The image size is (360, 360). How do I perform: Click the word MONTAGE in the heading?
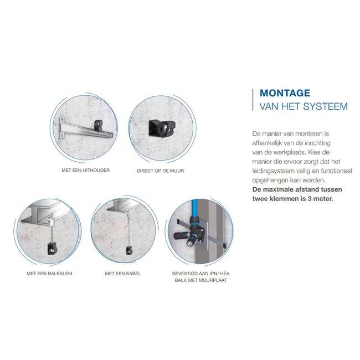pyautogui.click(x=285, y=93)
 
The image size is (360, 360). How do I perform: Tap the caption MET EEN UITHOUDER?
pyautogui.click(x=86, y=171)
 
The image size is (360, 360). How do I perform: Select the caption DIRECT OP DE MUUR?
pyautogui.click(x=160, y=171)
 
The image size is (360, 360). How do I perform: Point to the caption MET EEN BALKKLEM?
pyautogui.click(x=49, y=274)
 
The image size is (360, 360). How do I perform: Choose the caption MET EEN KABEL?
pyautogui.click(x=123, y=274)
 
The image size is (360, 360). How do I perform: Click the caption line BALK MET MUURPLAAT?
pyautogui.click(x=200, y=280)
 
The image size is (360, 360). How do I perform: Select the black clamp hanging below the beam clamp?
pyautogui.click(x=52, y=248)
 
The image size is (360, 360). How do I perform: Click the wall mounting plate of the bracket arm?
pyautogui.click(x=61, y=128)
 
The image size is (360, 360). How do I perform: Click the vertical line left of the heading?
pyautogui.click(x=253, y=100)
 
